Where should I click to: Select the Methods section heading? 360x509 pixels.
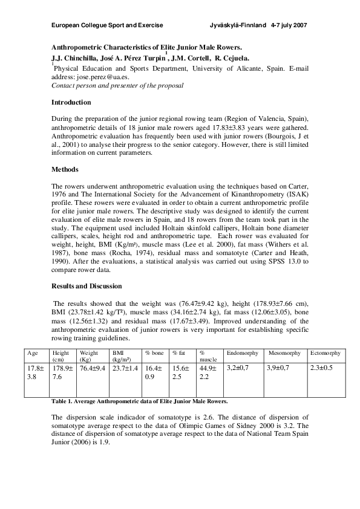click(x=65, y=170)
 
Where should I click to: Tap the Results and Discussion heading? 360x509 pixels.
click(x=87, y=285)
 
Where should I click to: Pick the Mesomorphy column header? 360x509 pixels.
click(x=285, y=352)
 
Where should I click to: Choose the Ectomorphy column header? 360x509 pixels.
click(x=326, y=352)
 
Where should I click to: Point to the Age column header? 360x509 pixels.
click(x=33, y=352)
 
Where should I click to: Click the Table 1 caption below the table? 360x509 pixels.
click(x=140, y=401)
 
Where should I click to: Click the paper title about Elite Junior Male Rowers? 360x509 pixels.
click(x=146, y=47)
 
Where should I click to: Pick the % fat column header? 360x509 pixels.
click(x=179, y=352)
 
